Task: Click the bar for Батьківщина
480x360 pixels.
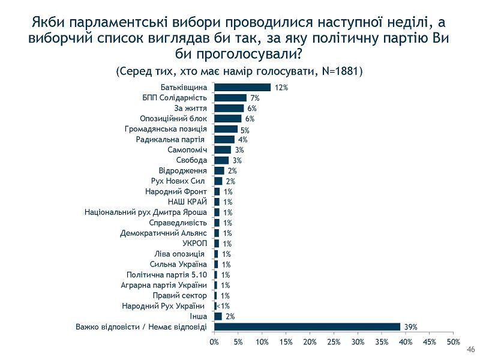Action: point(242,88)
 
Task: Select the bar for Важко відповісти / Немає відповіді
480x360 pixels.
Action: point(307,326)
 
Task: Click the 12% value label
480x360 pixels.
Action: point(281,88)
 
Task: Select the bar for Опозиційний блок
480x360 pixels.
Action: point(228,119)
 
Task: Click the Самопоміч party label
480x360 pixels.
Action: point(187,150)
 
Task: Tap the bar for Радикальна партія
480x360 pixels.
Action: point(224,139)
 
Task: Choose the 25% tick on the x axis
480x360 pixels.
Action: point(334,342)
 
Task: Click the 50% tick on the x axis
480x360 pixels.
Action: point(453,342)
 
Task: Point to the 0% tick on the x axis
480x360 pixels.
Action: point(214,342)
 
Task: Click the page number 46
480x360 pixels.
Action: point(470,350)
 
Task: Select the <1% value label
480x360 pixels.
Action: point(223,306)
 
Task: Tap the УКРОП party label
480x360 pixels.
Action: point(195,244)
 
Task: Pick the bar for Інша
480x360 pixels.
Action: point(218,316)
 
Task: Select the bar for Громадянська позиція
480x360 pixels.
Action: point(226,129)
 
